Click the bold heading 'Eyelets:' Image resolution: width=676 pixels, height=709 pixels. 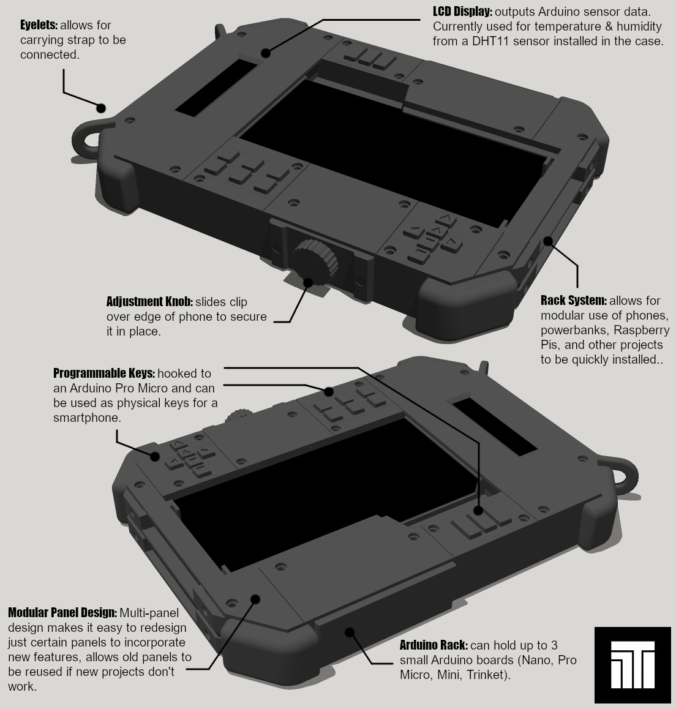point(39,26)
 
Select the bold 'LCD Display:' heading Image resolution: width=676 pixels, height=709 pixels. point(462,12)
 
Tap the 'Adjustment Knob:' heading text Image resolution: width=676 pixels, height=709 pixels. point(149,302)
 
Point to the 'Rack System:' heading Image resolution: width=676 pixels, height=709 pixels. point(573,301)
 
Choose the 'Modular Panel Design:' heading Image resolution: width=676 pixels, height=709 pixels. point(62,613)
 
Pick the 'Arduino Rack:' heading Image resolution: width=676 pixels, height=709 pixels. point(434,645)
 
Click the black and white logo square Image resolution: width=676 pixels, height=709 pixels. point(632,664)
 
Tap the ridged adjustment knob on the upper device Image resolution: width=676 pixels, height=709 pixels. point(313,262)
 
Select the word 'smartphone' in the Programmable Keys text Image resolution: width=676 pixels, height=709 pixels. point(87,418)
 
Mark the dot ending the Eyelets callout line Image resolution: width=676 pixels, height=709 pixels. point(101,108)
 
